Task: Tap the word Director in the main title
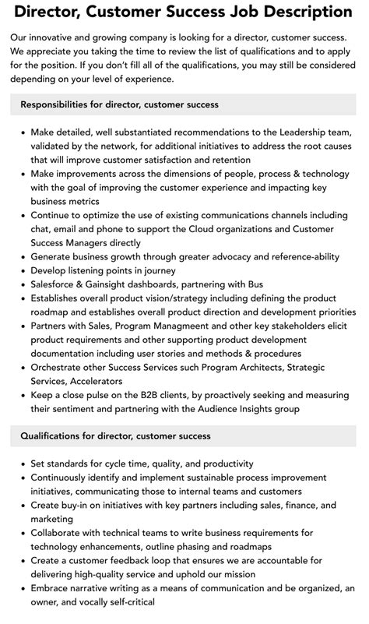pos(51,12)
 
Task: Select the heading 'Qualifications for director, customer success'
pos(116,435)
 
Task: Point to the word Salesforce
pos(57,284)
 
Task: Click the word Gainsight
pos(118,284)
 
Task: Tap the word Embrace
pos(53,588)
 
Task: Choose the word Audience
pos(248,410)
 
